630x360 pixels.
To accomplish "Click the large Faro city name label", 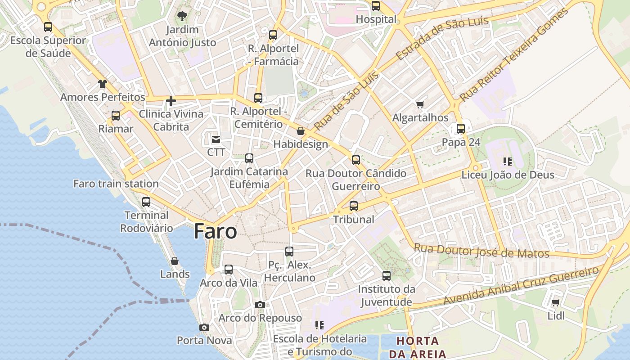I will [215, 231].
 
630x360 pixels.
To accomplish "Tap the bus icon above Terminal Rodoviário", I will [146, 202].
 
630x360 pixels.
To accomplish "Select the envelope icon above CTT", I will [216, 139].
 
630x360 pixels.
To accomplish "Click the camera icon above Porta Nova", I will [204, 327].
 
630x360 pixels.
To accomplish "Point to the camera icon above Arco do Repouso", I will [260, 305].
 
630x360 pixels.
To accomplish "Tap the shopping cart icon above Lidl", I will [555, 303].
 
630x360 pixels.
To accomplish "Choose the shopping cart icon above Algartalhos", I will [420, 105].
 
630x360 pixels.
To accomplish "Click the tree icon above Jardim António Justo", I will [182, 17].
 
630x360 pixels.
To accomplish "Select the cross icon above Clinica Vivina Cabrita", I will [171, 101].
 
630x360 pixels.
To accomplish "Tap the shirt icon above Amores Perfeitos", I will [103, 84].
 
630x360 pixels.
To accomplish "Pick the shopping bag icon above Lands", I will [175, 261].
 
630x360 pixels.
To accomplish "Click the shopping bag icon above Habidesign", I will [301, 131].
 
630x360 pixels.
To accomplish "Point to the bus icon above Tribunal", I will [354, 206].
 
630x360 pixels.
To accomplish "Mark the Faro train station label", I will [116, 184].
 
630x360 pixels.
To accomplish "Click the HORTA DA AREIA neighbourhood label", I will [418, 347].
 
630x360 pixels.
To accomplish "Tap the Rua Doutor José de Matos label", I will [481, 251].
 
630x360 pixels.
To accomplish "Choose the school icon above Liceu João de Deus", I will [508, 161].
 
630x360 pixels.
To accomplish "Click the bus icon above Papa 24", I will [461, 129].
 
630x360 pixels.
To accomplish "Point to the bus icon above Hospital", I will [376, 6].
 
